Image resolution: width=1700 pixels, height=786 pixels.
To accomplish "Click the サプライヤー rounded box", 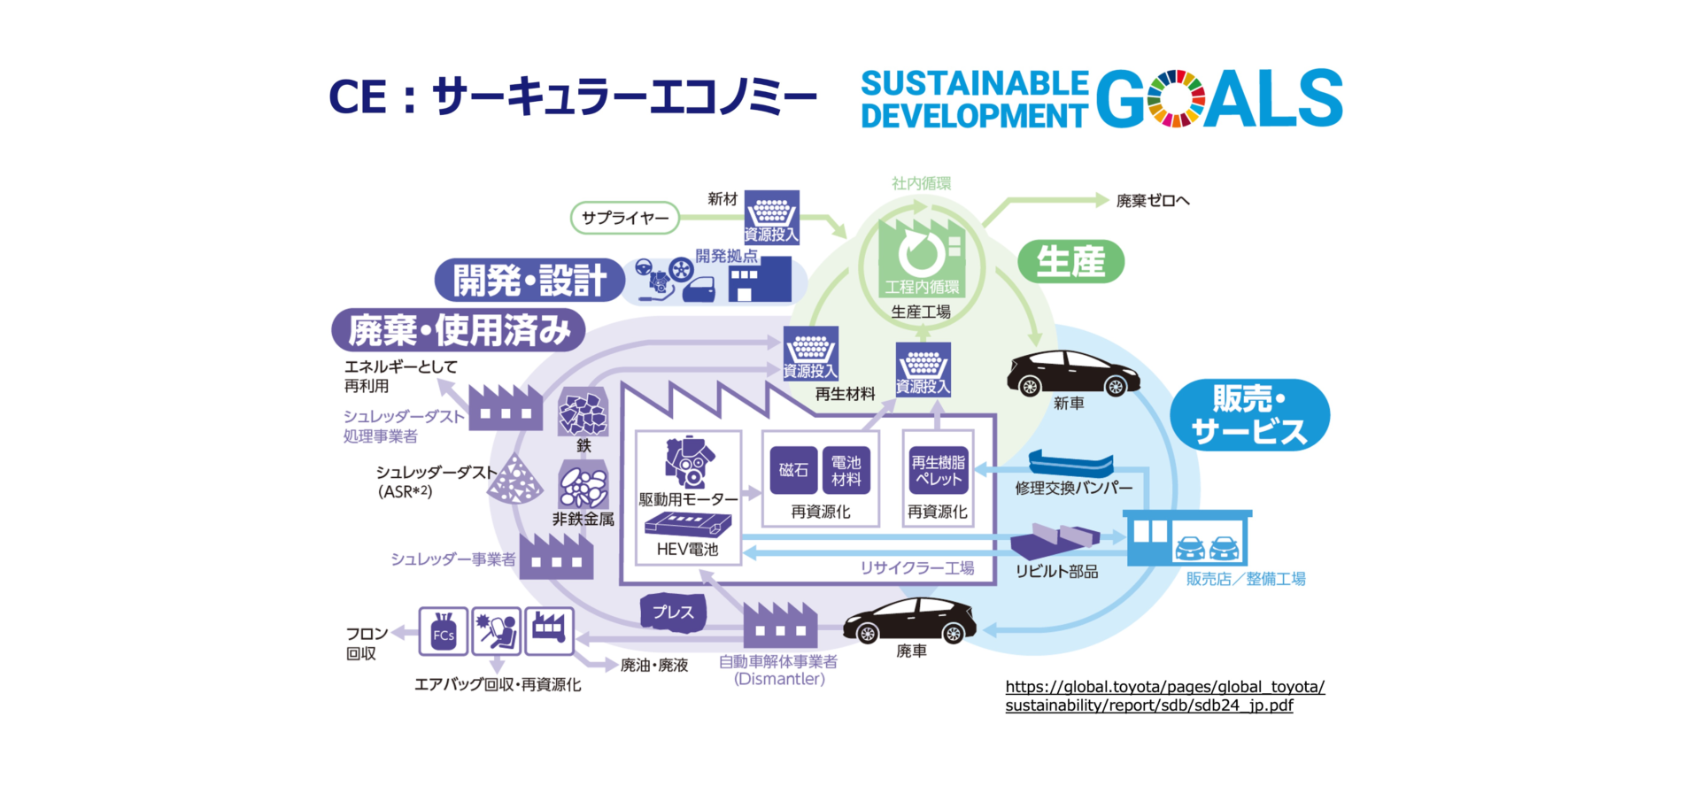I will pos(625,218).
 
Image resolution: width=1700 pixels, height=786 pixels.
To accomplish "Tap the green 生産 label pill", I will pos(1070,262).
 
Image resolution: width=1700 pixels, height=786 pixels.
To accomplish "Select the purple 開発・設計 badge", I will pos(529,281).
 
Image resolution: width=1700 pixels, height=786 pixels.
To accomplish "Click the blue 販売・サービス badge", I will pos(1249,415).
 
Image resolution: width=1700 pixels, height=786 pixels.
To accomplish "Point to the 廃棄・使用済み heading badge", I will pos(459,331).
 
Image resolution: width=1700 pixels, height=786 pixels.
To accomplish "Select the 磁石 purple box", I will pos(792,470).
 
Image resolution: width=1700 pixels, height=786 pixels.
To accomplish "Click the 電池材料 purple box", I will pos(846,470).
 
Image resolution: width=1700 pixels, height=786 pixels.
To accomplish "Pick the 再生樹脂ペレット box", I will pos(938,470).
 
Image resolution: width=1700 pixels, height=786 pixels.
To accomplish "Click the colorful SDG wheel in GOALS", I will pos(1175,98).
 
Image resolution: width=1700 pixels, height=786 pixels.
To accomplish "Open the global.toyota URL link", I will pos(1164,696).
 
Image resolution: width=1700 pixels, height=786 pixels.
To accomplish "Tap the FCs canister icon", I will pos(443,631).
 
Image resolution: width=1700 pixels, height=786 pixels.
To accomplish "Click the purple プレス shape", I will pos(673,612).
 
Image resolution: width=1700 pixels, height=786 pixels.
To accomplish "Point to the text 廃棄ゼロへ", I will pos(1152,201).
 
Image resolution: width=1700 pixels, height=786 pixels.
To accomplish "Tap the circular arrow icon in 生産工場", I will pos(921,253).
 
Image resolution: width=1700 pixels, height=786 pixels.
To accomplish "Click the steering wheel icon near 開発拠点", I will pos(644,267).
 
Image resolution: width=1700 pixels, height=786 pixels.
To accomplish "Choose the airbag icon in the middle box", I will pos(496,630).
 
